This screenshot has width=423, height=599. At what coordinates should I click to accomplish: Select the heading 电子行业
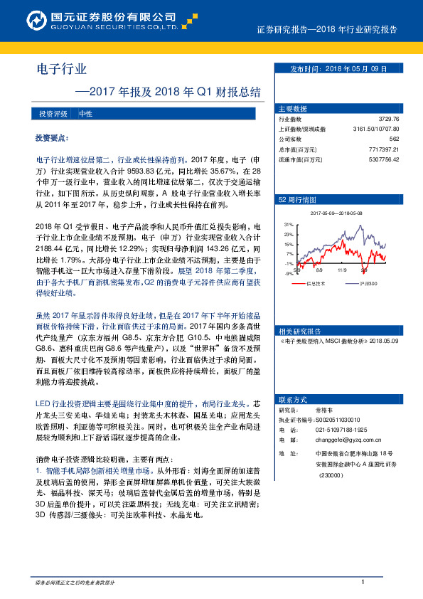coord(61,69)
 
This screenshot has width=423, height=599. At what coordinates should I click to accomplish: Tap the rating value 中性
coord(85,114)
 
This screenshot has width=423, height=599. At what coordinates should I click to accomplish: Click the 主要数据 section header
coord(294,109)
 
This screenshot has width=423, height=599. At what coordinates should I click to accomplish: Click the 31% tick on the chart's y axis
coord(289,223)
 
